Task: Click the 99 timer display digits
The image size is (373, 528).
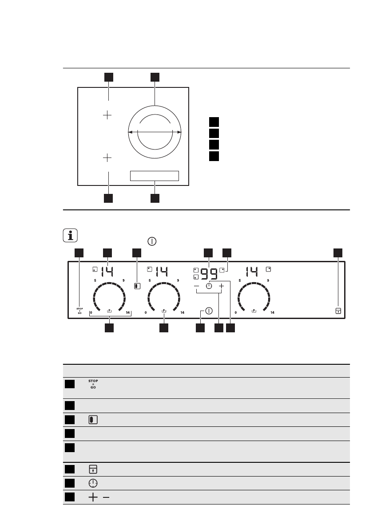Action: (x=209, y=273)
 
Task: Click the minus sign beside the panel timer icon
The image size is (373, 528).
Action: (x=197, y=287)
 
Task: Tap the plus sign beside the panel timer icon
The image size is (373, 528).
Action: (x=221, y=287)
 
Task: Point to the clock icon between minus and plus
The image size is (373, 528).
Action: (x=209, y=287)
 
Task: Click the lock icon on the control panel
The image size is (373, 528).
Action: (x=338, y=311)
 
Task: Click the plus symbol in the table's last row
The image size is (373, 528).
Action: (x=93, y=498)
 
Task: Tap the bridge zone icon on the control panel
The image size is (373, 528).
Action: (x=137, y=286)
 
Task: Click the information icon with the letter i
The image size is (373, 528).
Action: (x=70, y=236)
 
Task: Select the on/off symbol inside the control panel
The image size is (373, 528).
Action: (x=209, y=311)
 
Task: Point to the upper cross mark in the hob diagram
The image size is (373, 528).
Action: (x=107, y=115)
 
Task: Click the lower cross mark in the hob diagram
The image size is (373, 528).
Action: (x=107, y=158)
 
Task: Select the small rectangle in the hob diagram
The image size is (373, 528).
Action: (x=154, y=176)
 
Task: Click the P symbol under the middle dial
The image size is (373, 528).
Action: (x=164, y=311)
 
